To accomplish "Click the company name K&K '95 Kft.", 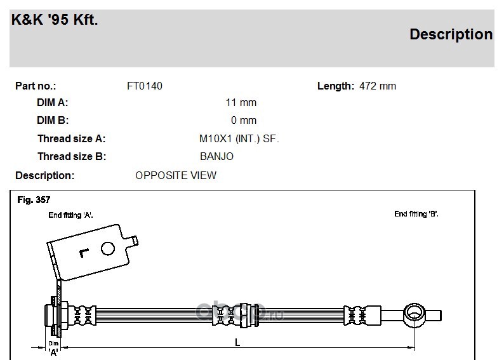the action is click(55, 20).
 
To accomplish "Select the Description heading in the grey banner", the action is click(451, 34).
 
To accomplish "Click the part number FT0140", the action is click(145, 86).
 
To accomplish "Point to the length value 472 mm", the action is click(378, 86).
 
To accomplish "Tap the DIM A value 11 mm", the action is click(241, 102).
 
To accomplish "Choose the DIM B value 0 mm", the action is click(244, 120).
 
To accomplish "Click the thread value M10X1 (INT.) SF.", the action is click(239, 139).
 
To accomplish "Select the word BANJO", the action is click(216, 157).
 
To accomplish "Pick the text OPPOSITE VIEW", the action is click(176, 175).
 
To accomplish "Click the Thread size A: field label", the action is click(71, 138).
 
